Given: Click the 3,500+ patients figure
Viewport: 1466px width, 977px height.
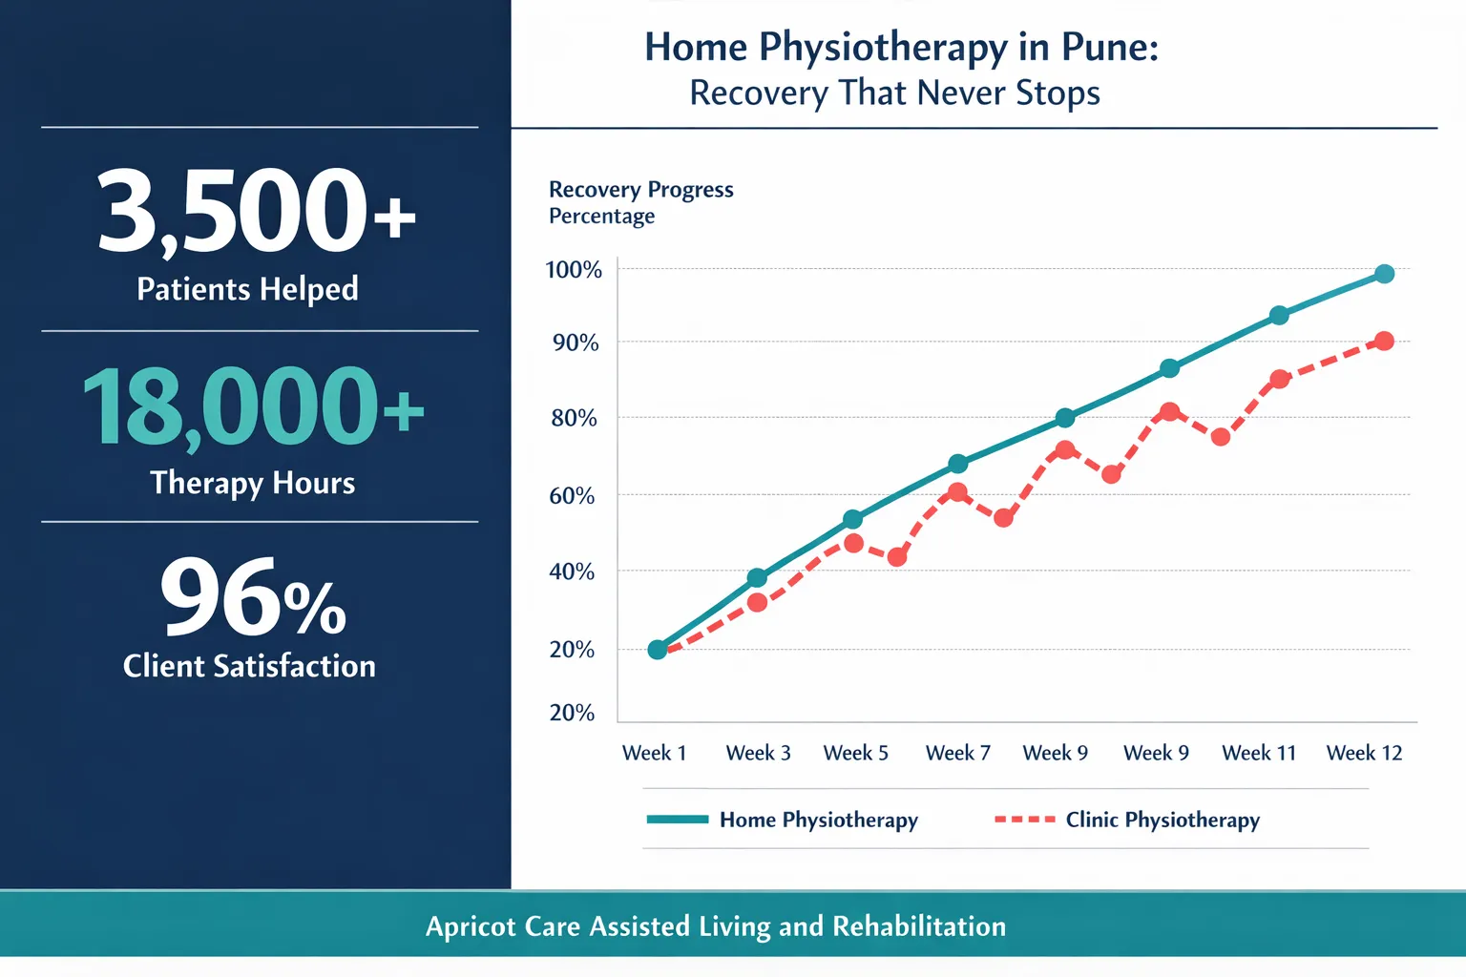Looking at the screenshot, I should click(x=256, y=211).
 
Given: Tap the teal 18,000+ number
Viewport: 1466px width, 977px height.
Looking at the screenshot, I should click(x=253, y=408).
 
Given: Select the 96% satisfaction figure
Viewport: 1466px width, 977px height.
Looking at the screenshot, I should click(x=253, y=599).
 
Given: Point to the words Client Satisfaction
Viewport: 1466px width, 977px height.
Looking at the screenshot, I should click(x=249, y=666).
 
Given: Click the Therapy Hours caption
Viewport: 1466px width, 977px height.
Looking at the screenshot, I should click(x=252, y=483).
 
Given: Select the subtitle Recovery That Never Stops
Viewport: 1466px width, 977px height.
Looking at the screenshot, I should click(x=894, y=94).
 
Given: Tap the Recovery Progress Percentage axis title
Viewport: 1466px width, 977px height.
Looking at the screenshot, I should click(x=640, y=202).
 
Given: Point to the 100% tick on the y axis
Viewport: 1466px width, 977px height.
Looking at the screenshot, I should click(x=574, y=270).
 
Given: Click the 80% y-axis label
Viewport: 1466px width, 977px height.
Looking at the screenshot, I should click(x=574, y=418).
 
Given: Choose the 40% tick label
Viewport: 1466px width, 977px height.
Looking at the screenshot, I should click(x=572, y=572).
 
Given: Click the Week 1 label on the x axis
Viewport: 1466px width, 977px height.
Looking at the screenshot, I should click(x=654, y=753).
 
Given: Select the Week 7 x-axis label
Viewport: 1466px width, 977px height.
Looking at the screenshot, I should click(x=957, y=753).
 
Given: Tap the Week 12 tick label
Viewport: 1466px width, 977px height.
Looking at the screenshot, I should click(x=1364, y=753).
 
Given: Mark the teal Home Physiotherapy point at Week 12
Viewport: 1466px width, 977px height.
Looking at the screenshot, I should click(x=1384, y=274).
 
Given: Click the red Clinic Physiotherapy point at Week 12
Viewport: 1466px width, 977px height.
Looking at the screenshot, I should click(x=1384, y=341).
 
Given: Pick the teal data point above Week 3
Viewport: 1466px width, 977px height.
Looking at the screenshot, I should click(x=757, y=577).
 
